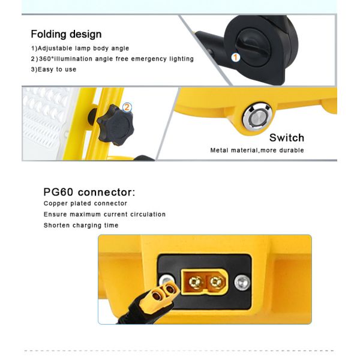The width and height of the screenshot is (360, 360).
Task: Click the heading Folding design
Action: pos(66,34)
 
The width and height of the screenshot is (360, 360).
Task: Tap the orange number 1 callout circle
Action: pos(235,57)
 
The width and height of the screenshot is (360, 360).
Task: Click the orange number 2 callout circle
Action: pos(127,107)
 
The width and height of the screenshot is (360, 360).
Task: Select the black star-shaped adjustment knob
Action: pos(115,125)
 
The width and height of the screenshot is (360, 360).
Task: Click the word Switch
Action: pos(287,138)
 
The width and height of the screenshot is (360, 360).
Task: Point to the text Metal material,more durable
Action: pos(257,151)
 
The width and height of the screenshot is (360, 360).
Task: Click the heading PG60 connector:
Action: pos(89,192)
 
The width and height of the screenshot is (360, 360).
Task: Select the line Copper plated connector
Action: pos(85,203)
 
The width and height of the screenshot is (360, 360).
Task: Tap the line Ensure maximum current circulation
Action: pos(104,214)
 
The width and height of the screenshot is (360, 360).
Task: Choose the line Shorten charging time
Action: pos(81,225)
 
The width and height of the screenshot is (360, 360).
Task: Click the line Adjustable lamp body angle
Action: pos(80,48)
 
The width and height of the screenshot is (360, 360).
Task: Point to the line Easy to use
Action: pos(53,70)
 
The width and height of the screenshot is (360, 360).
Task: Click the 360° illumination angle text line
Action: pos(112,59)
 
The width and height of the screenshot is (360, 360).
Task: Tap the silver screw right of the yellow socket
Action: pos(242,282)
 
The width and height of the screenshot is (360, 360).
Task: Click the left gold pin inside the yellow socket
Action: pos(195,282)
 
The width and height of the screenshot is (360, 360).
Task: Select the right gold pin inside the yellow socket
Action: pos(217,282)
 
